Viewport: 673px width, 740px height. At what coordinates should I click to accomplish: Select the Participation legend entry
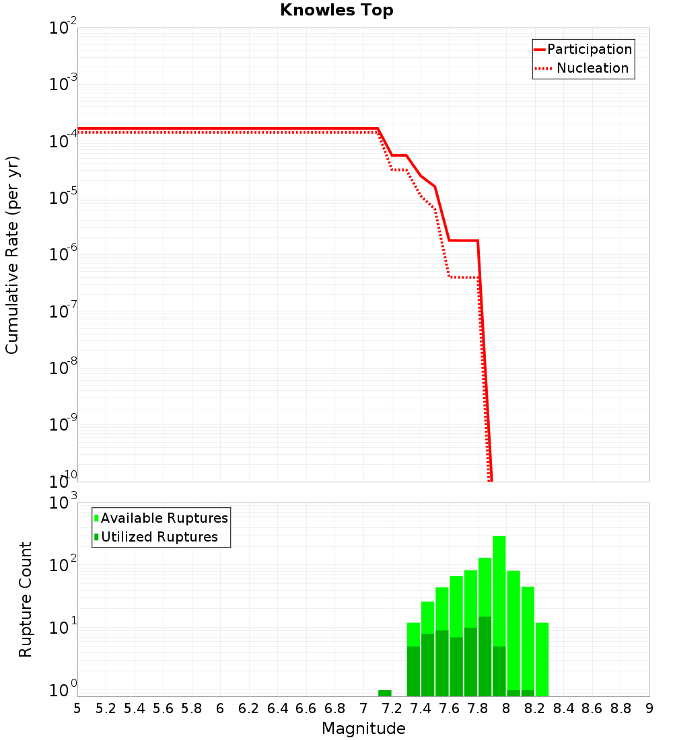click(x=583, y=49)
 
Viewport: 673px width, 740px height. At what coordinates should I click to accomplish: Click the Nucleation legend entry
click(x=583, y=68)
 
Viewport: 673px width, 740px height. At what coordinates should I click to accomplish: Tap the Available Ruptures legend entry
click(x=162, y=518)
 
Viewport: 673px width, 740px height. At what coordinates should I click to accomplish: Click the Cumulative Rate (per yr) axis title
click(x=12, y=255)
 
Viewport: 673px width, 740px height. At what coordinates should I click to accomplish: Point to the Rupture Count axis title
click(x=26, y=599)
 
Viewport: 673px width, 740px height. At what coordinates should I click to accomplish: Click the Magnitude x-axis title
click(x=363, y=729)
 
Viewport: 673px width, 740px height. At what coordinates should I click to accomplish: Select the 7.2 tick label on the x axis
click(x=392, y=708)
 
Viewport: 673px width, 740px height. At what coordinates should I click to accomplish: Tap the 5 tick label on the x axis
click(x=77, y=708)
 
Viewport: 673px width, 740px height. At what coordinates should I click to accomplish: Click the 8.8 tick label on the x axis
click(x=621, y=708)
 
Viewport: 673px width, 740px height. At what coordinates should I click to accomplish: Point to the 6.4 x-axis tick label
click(x=277, y=708)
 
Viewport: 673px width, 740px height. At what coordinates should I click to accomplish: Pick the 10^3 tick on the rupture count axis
click(x=64, y=503)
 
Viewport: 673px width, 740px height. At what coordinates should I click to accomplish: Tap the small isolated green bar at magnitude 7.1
click(x=385, y=693)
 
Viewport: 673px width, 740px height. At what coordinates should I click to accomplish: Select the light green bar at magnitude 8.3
click(x=542, y=659)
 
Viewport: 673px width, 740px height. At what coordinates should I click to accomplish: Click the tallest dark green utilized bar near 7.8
click(x=485, y=656)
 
